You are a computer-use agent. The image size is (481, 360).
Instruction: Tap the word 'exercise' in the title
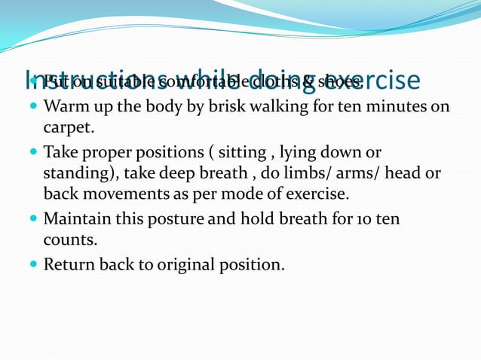click(375, 79)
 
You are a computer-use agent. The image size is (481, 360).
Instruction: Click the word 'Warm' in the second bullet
click(66, 106)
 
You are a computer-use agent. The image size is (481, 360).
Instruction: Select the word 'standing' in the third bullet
click(75, 173)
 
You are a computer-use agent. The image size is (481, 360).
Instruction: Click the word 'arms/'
click(348, 173)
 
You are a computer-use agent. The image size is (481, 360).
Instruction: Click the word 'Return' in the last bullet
click(69, 265)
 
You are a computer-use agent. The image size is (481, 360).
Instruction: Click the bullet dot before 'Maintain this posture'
click(34, 219)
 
